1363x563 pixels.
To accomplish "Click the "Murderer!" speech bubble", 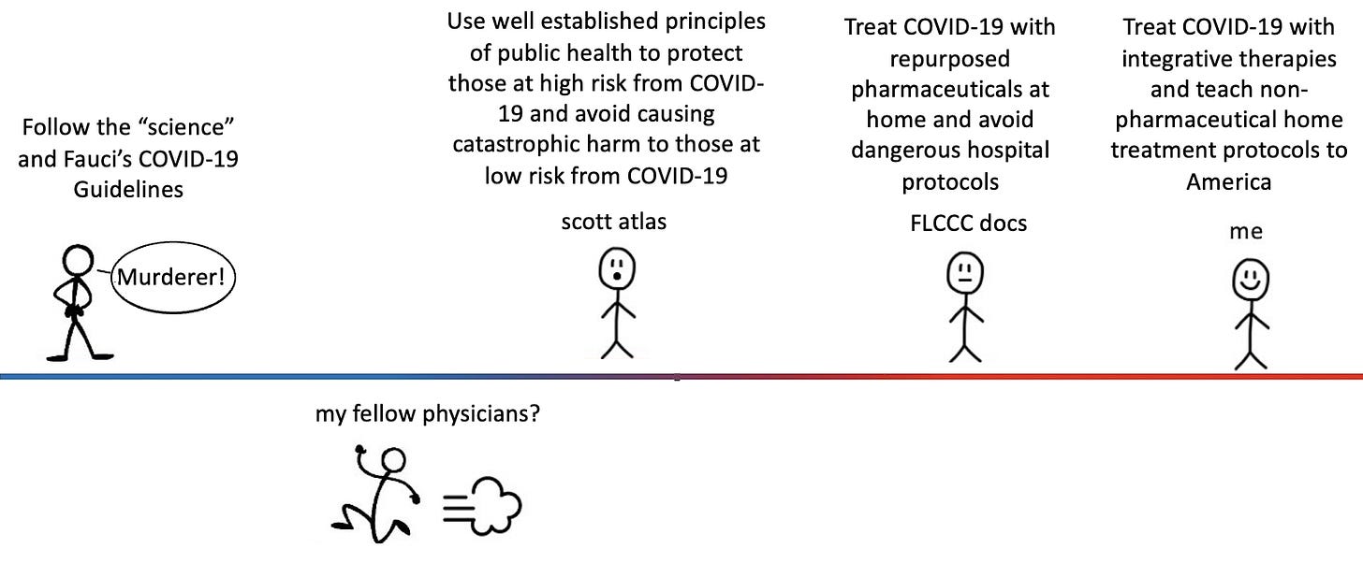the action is click(173, 277).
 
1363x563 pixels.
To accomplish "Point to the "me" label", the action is click(1246, 232).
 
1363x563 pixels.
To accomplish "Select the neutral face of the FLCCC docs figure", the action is click(963, 273).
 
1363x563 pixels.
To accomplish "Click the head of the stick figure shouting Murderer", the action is click(75, 261).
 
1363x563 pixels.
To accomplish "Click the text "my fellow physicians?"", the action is click(427, 412).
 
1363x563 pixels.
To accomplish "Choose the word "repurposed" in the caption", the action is click(949, 59).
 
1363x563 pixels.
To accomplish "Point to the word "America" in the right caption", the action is click(1228, 181).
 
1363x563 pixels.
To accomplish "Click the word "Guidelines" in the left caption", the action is click(128, 190).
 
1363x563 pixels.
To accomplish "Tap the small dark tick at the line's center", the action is click(677, 379).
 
